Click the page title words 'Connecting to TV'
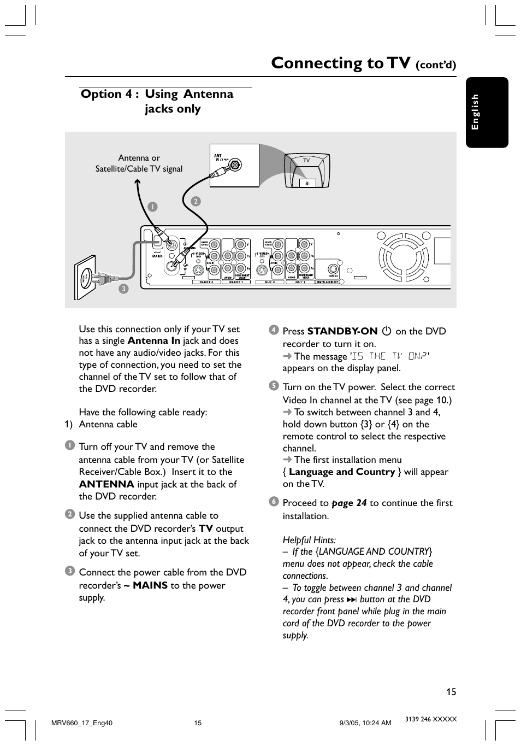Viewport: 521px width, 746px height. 340,63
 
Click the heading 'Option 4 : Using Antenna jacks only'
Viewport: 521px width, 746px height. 157,101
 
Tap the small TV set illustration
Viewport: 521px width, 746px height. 307,171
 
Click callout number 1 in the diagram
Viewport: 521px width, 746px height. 153,207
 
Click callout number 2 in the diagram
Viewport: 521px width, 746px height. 196,201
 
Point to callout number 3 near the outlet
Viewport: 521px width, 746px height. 124,289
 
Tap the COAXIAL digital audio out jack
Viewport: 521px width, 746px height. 333,269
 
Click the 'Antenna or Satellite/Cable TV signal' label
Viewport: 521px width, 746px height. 139,163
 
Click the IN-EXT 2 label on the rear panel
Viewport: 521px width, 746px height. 206,283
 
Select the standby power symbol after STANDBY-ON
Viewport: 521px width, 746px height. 387,331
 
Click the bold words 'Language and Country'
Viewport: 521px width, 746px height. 342,472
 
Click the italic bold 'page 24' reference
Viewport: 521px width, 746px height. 349,503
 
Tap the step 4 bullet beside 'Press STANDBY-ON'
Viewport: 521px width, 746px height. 274,330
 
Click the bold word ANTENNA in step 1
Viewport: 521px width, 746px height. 106,484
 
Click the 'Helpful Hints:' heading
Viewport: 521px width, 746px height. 309,540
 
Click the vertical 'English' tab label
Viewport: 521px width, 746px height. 475,111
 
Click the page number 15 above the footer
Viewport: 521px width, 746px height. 451,692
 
